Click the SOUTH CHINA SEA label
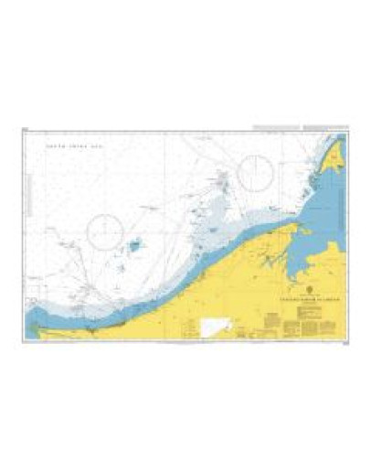pos(69,148)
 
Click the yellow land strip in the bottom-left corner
pos(55,334)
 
